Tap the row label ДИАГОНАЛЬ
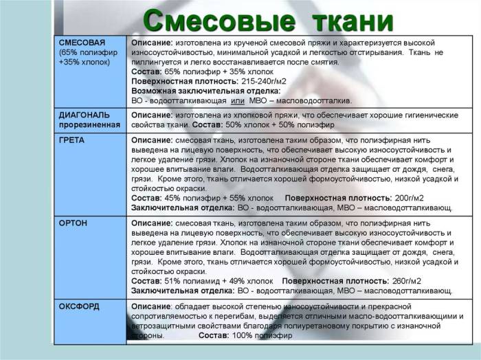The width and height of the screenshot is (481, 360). [x=82, y=115]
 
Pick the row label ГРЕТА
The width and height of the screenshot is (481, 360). [x=72, y=139]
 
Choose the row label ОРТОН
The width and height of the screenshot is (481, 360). [x=73, y=223]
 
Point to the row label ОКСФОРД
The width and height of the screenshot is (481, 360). [x=79, y=306]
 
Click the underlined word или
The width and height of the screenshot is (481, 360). [x=249, y=100]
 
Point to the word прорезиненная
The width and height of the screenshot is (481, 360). [x=89, y=125]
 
